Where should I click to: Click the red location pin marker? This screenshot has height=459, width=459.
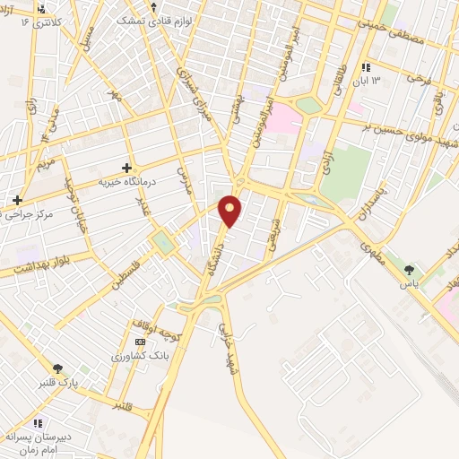pyautogui.click(x=230, y=210)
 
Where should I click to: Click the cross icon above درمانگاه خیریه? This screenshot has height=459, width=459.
pyautogui.click(x=126, y=168)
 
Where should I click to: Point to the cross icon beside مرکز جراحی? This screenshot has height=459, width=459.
pyautogui.click(x=17, y=199)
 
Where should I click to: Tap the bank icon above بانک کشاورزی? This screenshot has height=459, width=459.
pyautogui.click(x=139, y=342)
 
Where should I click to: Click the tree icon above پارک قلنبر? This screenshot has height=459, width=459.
pyautogui.click(x=59, y=368)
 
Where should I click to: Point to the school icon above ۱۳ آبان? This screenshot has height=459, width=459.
pyautogui.click(x=365, y=67)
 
